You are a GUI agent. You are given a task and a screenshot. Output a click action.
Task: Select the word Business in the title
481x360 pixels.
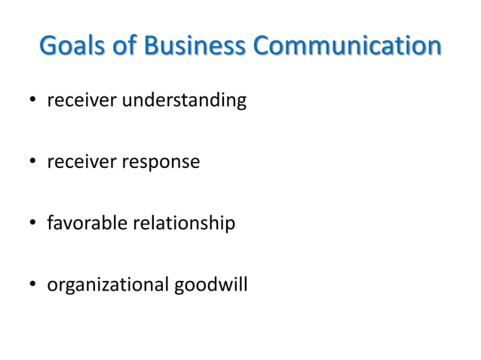coord(197,46)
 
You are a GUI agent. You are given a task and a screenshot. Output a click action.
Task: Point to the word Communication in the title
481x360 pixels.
coord(347,46)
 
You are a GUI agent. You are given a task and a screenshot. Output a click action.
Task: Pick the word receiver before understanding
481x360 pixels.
coord(78,100)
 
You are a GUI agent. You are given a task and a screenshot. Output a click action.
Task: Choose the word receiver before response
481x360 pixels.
coord(78,162)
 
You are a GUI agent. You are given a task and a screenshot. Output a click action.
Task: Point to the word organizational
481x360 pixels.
coord(108,286)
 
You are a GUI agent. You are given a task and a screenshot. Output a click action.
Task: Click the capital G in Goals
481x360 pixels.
coord(49,46)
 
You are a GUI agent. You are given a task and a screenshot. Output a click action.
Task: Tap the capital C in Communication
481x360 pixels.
coord(263,46)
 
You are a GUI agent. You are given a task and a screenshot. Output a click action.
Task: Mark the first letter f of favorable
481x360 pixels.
coord(50,223)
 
